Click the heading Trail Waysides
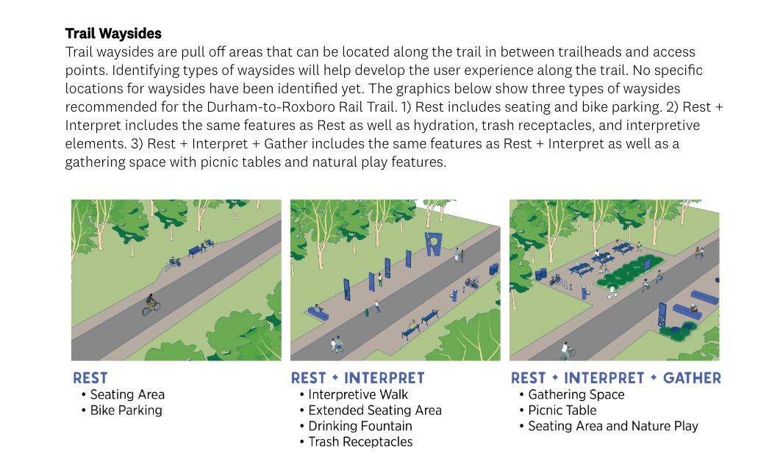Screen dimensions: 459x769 (113, 34)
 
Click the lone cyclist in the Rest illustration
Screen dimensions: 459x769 (151, 304)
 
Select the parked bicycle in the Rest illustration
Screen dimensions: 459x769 (172, 262)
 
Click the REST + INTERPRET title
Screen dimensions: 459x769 (357, 378)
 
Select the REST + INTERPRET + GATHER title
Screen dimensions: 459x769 (615, 378)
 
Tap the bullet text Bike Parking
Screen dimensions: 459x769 (126, 411)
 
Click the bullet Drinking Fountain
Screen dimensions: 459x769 (360, 426)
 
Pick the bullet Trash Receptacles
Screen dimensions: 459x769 (360, 442)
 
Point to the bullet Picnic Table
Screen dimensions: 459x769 (562, 411)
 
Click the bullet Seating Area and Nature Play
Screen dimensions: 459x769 (612, 426)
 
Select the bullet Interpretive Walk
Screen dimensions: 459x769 (358, 395)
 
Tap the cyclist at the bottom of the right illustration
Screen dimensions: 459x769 (567, 351)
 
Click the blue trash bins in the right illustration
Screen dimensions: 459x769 (543, 274)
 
